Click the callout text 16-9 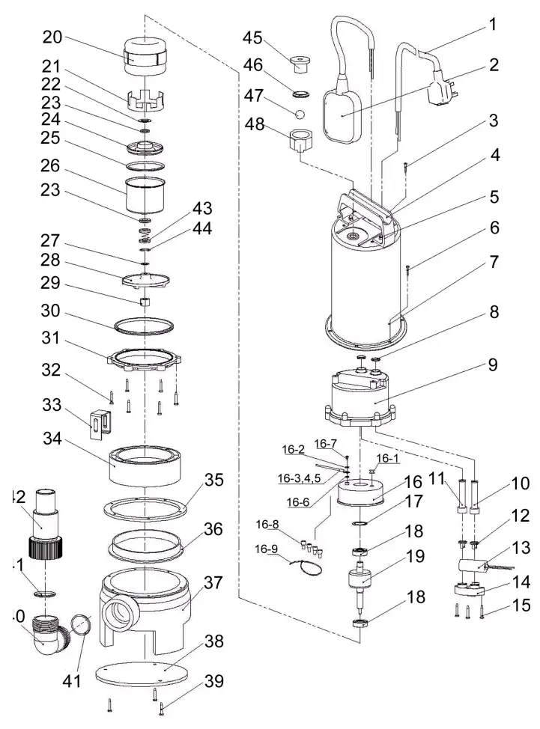(x=266, y=549)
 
